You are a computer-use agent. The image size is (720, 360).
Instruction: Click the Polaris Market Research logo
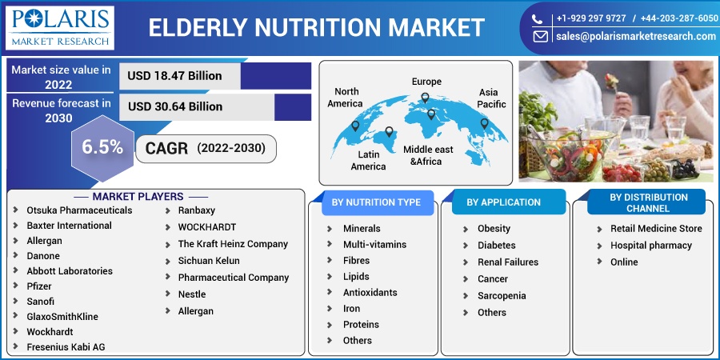[x=60, y=27]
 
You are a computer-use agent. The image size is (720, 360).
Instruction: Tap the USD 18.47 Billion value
[x=174, y=76]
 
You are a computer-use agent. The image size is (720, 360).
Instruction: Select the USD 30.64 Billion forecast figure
[x=175, y=106]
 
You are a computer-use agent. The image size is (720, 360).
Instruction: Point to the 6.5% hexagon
[x=102, y=148]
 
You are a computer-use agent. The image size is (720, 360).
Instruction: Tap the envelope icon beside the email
[x=540, y=37]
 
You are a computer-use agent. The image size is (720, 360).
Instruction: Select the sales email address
[x=636, y=36]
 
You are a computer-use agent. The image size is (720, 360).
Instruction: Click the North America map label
[x=346, y=98]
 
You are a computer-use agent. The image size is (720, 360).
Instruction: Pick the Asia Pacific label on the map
[x=491, y=98]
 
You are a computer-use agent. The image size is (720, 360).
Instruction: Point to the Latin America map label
[x=368, y=160]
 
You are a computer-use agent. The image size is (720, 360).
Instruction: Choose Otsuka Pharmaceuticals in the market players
[x=79, y=210]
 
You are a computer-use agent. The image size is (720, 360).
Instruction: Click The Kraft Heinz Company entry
[x=233, y=244]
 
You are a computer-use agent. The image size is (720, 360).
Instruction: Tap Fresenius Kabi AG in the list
[x=66, y=346]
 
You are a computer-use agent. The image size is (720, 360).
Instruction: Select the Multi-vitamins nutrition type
[x=374, y=244]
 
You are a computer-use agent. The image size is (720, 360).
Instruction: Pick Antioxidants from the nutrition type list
[x=370, y=293]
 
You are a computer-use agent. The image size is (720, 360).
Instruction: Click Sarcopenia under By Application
[x=502, y=296]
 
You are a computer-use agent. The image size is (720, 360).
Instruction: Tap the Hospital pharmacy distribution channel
[x=650, y=246]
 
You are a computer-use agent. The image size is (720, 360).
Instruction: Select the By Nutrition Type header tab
[x=376, y=202]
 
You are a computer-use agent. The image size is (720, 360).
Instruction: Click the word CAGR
[x=166, y=148]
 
